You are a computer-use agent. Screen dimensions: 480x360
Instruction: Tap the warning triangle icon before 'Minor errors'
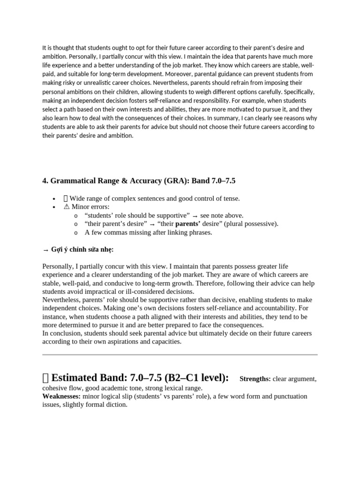coord(66,207)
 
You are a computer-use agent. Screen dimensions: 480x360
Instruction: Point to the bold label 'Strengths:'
coord(255,379)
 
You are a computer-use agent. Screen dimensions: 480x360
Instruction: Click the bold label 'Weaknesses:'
coord(61,396)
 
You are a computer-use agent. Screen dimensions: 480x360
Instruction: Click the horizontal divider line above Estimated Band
coord(180,355)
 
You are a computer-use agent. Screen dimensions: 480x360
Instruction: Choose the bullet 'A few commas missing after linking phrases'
coord(148,232)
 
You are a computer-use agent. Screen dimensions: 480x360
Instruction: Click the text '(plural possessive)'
coord(251,224)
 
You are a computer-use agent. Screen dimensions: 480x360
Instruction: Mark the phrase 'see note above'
coord(221,215)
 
